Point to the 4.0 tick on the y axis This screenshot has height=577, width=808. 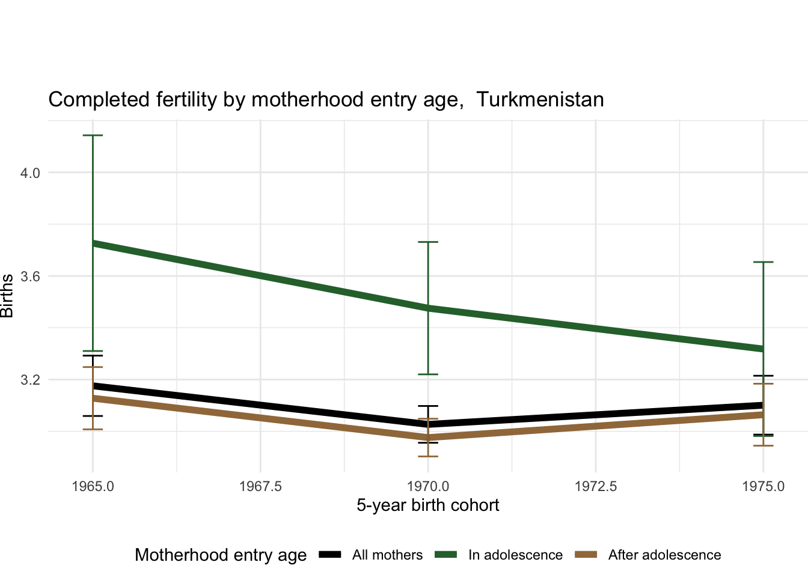30,173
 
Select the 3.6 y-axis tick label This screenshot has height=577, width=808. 30,276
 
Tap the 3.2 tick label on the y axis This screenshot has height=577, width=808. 30,380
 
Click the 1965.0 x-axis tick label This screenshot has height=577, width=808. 93,486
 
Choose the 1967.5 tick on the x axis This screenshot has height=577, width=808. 260,486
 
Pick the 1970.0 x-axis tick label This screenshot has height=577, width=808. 428,486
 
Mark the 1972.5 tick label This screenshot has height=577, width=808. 596,486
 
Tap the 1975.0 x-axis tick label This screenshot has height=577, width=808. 763,486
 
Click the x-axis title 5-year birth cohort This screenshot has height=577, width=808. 428,505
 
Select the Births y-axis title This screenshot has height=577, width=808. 7,296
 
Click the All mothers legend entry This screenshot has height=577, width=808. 387,555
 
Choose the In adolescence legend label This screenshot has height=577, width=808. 515,555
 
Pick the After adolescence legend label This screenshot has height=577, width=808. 664,555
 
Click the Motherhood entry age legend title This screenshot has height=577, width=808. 221,555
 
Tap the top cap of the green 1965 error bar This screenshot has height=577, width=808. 93,135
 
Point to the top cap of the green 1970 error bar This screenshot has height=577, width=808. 428,242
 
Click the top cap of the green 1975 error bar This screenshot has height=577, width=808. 763,262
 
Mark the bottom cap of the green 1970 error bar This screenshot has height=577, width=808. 428,374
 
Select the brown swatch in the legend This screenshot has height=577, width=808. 586,555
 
